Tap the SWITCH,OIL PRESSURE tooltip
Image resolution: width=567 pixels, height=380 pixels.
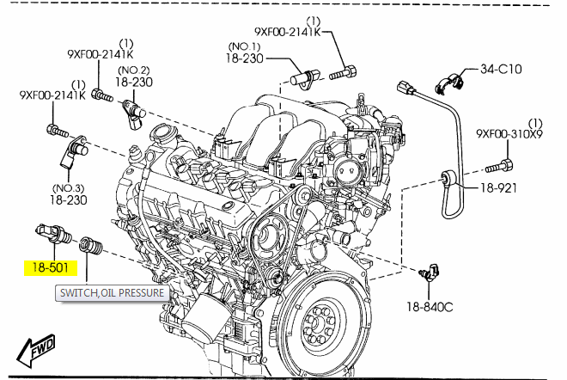click(x=110, y=293)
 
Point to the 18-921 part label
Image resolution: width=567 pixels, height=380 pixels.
click(x=499, y=187)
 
